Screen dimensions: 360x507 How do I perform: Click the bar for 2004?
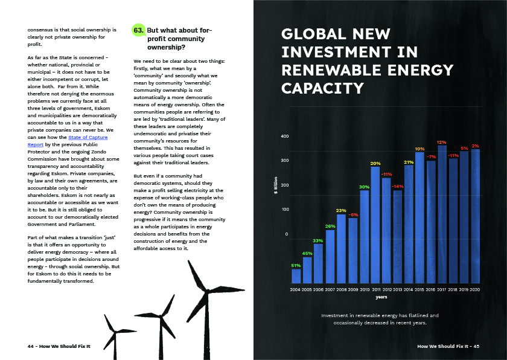(x=296, y=276)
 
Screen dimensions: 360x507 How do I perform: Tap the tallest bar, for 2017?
(x=442, y=214)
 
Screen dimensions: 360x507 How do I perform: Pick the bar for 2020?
(x=476, y=216)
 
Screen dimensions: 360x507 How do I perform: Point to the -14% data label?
(x=397, y=187)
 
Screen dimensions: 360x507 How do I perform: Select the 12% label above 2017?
(x=442, y=142)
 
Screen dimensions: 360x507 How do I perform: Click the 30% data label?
(x=364, y=187)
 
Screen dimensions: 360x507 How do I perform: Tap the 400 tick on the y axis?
(x=285, y=137)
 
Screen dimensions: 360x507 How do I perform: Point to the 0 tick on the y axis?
(x=287, y=234)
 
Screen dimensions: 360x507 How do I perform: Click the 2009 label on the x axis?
(x=352, y=290)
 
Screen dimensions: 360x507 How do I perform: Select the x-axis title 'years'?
(x=381, y=297)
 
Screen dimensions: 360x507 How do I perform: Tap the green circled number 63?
(x=139, y=30)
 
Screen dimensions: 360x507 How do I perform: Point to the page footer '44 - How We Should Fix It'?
(x=59, y=346)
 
